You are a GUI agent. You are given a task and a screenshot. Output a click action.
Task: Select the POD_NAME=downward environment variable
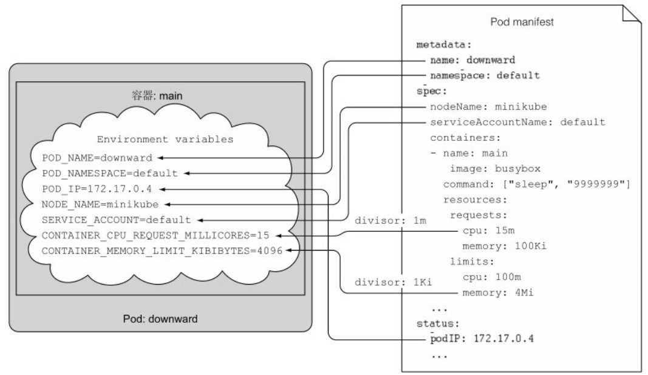click(x=97, y=158)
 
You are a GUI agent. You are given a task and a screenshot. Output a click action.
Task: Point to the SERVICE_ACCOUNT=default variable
click(x=116, y=220)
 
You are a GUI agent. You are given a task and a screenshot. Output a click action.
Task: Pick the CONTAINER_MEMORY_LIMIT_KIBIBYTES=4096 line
click(x=162, y=251)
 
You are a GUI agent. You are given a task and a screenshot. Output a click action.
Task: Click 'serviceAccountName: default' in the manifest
click(x=517, y=122)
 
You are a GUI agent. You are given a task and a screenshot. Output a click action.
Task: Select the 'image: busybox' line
click(x=495, y=168)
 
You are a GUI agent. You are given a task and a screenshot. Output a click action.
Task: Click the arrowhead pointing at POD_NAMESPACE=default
click(x=188, y=174)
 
